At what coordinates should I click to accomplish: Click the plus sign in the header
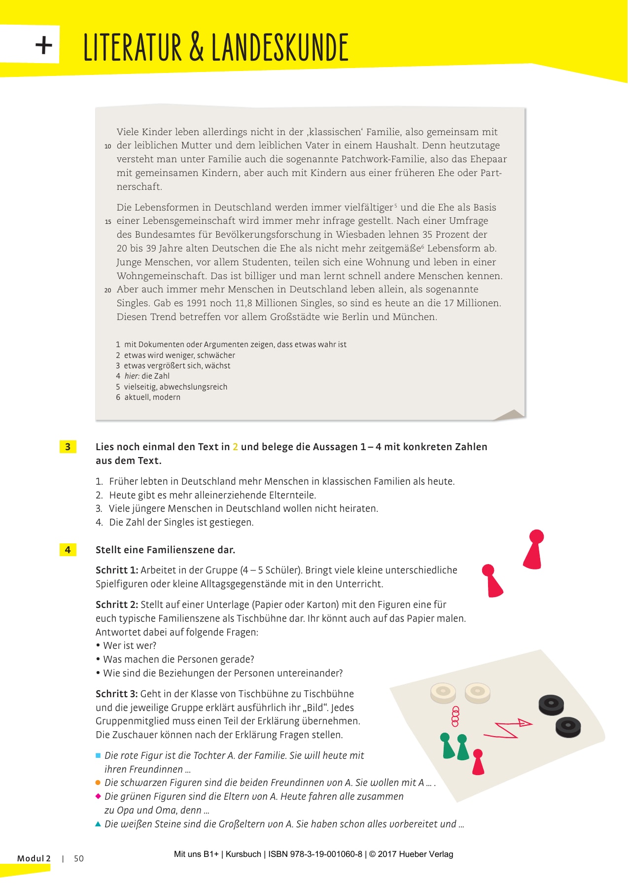coord(44,46)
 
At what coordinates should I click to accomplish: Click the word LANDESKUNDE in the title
coord(280,47)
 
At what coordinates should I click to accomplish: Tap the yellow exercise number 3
coord(68,447)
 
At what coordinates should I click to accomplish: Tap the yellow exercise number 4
coord(68,550)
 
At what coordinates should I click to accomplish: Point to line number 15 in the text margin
coord(108,222)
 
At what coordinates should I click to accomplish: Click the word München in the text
coord(414,317)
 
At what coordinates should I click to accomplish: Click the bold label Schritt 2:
coord(117,604)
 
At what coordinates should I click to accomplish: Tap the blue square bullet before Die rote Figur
coord(98,755)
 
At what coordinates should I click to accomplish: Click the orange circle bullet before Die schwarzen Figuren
coord(98,782)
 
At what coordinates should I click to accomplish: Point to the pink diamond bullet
coord(98,796)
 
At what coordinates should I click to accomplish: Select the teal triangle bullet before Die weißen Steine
coord(98,824)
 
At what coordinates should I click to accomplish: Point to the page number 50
coord(79,858)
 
